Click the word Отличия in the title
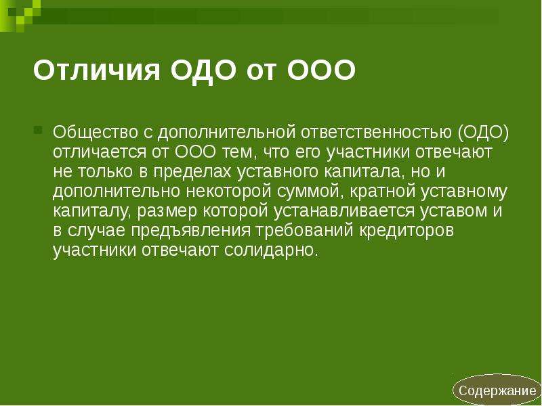tap(97, 70)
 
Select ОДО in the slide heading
tap(204, 71)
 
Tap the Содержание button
tap(497, 390)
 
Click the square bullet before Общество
tap(38, 130)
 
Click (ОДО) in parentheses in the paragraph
tap(484, 133)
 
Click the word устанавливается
tap(344, 211)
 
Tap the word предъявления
tap(190, 231)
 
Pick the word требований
tap(304, 231)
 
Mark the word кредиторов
tap(406, 231)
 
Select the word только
tap(105, 173)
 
